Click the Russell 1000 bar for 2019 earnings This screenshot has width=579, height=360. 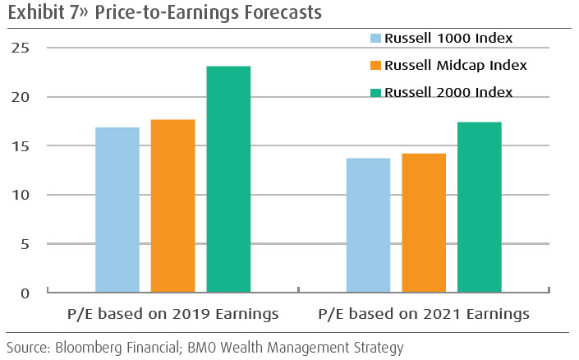pyautogui.click(x=117, y=210)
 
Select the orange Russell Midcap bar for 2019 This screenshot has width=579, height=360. pyautogui.click(x=173, y=206)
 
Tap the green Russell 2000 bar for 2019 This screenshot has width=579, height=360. pyautogui.click(x=228, y=179)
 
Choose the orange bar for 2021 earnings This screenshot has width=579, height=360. pyautogui.click(x=424, y=223)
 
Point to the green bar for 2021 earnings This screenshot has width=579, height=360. pyautogui.click(x=480, y=207)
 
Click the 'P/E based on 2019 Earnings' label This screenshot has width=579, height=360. pyautogui.click(x=172, y=315)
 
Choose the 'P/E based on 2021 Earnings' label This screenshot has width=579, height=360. pyautogui.click(x=424, y=315)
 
